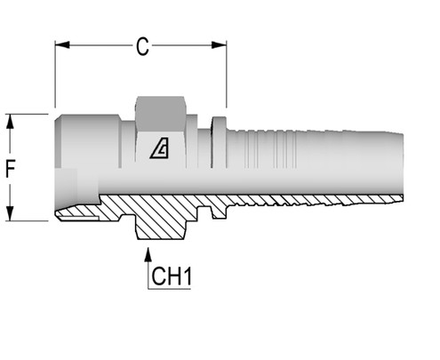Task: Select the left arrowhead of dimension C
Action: pos(61,42)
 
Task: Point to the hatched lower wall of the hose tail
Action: pos(311,198)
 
